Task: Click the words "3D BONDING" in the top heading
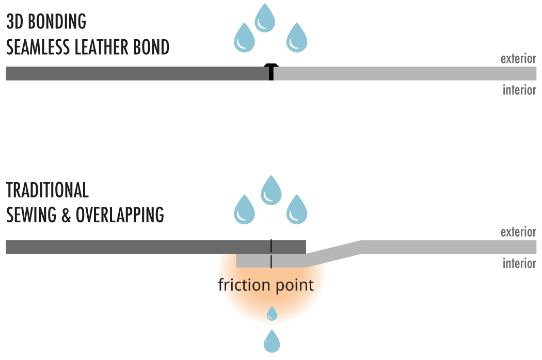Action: (46, 22)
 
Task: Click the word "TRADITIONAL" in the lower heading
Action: (47, 190)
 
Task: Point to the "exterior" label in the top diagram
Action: (518, 59)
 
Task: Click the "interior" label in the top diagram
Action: (519, 90)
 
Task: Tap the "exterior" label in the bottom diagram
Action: (518, 232)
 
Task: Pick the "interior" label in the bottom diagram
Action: (519, 263)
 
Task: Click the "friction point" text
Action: (266, 285)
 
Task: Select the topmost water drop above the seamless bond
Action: (265, 19)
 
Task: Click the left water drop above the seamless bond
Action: (245, 39)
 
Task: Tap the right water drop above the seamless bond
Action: (296, 39)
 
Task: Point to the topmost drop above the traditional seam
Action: (271, 191)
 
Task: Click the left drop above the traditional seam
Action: (245, 210)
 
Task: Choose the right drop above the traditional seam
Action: (297, 210)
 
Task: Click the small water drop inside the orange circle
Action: (272, 313)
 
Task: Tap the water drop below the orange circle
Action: (272, 341)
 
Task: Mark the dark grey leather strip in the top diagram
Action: (137, 74)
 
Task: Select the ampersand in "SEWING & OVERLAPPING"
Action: (66, 215)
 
